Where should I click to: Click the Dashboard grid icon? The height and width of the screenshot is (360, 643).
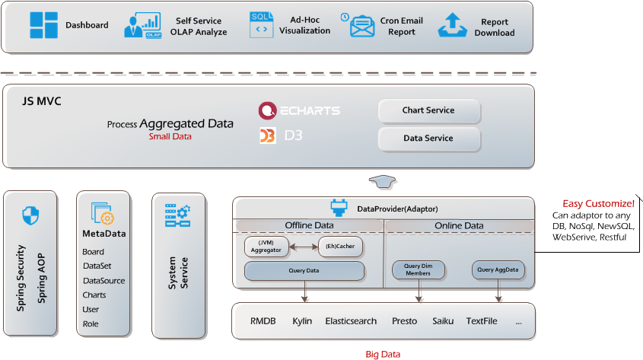43,25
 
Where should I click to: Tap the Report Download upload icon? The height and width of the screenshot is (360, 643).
452,25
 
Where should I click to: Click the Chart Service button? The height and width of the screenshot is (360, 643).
428,111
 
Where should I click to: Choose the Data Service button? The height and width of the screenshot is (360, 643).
428,139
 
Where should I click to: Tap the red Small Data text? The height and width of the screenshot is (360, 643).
170,137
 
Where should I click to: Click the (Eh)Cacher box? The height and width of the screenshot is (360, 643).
340,246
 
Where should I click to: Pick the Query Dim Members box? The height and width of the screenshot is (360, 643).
418,269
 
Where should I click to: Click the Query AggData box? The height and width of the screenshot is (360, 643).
495,269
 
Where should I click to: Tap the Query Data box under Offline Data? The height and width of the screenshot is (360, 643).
304,271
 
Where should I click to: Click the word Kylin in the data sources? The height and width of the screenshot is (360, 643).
302,321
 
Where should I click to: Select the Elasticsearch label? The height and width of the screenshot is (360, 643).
350,321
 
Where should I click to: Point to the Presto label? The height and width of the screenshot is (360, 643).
404,321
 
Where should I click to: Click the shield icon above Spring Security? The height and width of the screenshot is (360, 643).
30,215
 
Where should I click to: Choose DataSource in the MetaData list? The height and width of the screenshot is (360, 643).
103,281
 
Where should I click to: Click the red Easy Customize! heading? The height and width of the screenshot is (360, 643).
598,204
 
